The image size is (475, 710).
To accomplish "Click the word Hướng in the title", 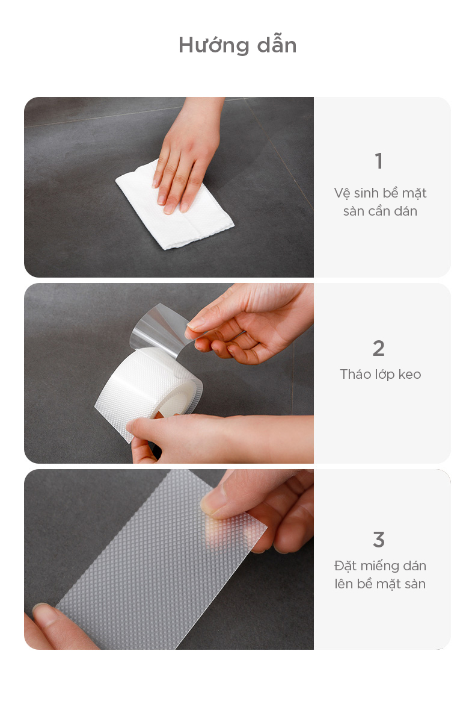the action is (214, 46).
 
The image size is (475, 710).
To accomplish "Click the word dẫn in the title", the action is (277, 45).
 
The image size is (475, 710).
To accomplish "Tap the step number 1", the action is (379, 161).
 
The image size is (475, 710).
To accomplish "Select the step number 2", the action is (379, 348).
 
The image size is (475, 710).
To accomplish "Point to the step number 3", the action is (379, 540).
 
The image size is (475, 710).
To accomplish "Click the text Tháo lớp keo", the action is (381, 375).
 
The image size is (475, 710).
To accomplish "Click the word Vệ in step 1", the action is (342, 193).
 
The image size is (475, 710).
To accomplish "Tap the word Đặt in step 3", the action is (345, 566).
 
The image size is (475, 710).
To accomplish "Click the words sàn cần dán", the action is (380, 211).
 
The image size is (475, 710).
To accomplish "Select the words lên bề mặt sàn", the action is (380, 584).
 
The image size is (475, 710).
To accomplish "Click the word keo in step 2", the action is (409, 375).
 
